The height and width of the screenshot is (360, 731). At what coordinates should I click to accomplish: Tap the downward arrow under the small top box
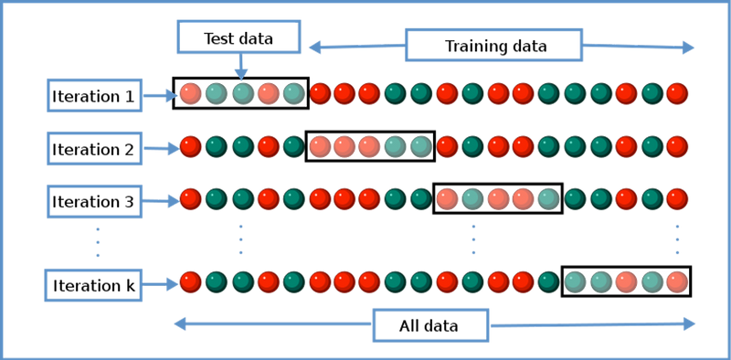(x=240, y=68)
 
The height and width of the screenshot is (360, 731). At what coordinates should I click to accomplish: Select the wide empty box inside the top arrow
(x=494, y=46)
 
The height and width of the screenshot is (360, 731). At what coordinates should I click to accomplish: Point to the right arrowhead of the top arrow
(x=687, y=47)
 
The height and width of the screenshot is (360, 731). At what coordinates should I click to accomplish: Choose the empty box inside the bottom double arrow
(x=430, y=325)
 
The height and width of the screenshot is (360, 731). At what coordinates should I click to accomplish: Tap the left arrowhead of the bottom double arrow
(x=181, y=323)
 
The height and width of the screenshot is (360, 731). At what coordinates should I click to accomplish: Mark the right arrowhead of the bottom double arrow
(x=688, y=323)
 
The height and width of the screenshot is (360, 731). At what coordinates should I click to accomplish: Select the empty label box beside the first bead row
(x=95, y=94)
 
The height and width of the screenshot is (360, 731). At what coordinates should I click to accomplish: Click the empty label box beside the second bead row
(x=95, y=147)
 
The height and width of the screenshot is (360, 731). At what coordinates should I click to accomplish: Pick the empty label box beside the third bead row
(x=95, y=200)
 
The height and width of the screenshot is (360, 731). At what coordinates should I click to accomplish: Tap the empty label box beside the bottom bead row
(x=93, y=285)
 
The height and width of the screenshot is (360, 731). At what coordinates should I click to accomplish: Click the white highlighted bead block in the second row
(x=370, y=146)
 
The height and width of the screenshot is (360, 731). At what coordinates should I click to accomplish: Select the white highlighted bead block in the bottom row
(x=626, y=281)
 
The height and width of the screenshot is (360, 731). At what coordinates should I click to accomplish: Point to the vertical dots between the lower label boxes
(x=97, y=243)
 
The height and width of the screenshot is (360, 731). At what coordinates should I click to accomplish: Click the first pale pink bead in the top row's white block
(x=191, y=93)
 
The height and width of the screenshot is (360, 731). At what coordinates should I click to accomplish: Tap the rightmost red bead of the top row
(x=677, y=93)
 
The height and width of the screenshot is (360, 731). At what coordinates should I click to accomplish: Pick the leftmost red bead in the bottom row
(x=191, y=281)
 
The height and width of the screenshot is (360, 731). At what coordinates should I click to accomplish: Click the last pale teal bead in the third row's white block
(x=547, y=198)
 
